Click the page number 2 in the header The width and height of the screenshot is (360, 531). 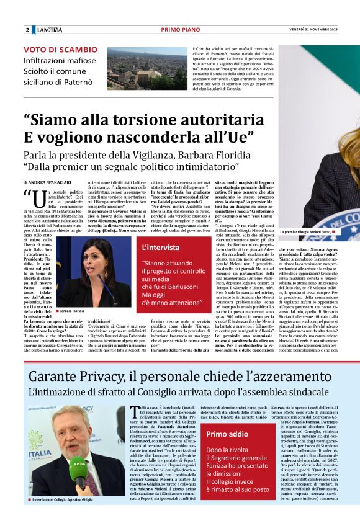(x=27, y=30)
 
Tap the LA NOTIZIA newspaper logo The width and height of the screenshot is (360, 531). (x=49, y=30)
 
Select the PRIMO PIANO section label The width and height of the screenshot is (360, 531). (x=179, y=30)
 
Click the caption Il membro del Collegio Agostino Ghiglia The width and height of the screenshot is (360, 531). (x=76, y=499)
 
